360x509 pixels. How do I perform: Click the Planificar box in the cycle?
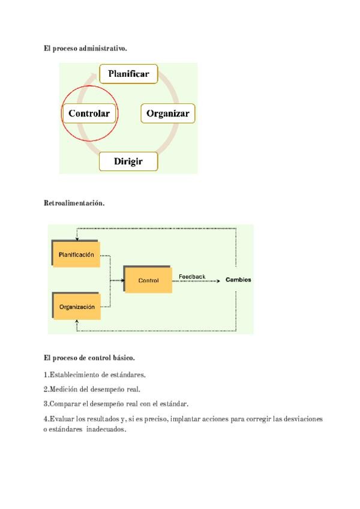(x=128, y=74)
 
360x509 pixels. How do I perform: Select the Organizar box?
(x=168, y=113)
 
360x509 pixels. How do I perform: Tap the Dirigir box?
(x=128, y=161)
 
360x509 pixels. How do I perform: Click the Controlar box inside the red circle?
(x=89, y=113)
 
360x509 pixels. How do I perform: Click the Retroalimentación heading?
(x=74, y=203)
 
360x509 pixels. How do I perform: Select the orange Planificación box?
(x=77, y=254)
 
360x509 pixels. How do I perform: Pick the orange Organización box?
(x=77, y=307)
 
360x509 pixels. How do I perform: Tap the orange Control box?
(x=148, y=280)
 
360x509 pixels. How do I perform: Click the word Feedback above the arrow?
(x=192, y=277)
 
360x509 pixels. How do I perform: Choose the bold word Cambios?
(x=238, y=280)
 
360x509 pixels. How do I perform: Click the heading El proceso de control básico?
(x=89, y=358)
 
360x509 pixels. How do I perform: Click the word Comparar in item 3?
(x=65, y=403)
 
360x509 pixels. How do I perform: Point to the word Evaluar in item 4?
(x=62, y=418)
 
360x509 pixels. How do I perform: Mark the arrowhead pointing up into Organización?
(x=77, y=321)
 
